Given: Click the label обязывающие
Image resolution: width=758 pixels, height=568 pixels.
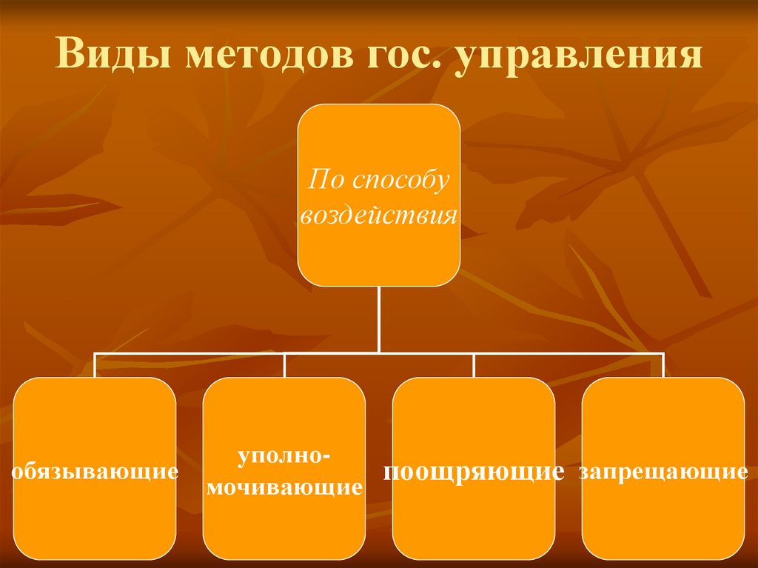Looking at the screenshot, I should [x=95, y=470].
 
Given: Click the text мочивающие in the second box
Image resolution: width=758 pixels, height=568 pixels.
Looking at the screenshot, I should [x=284, y=488].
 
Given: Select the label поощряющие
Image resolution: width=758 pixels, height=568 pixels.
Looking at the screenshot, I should [x=474, y=470].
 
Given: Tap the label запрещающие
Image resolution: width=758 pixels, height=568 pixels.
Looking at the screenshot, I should [x=663, y=470].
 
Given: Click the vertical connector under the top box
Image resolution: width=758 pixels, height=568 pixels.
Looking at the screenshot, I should [x=379, y=318].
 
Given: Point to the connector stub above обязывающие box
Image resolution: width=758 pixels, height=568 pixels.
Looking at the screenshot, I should [x=95, y=365].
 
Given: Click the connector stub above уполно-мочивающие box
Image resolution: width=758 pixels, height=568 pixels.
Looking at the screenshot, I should [x=285, y=365].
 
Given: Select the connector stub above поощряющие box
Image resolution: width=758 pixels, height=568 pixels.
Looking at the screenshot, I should [x=474, y=365].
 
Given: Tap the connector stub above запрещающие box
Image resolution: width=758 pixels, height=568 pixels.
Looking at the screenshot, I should [x=664, y=365].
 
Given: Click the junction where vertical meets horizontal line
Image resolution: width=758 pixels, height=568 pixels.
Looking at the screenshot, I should [x=379, y=353].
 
